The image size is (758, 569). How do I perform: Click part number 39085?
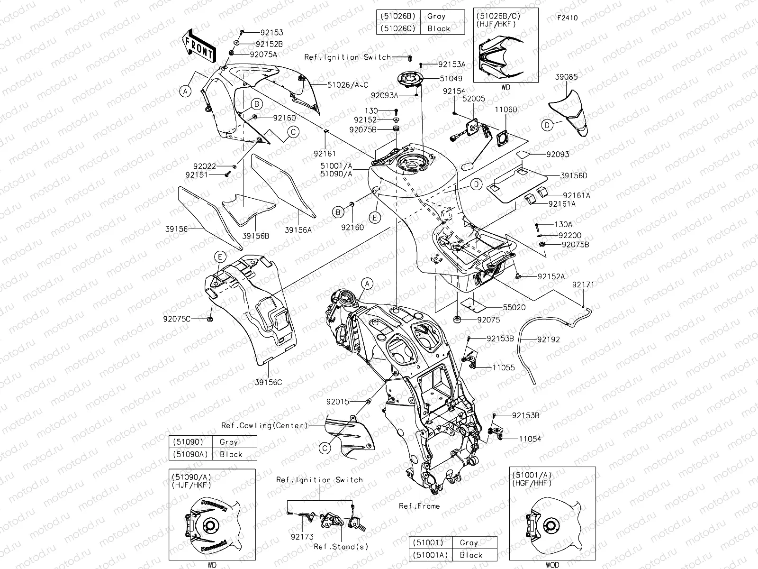tap(566, 77)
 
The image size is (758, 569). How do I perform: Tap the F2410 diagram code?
tap(568, 18)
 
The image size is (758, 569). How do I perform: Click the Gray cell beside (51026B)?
tap(436, 16)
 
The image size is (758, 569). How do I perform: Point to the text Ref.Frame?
tap(419, 506)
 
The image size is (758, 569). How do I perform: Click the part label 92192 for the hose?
tap(549, 340)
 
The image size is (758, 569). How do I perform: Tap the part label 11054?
tap(530, 439)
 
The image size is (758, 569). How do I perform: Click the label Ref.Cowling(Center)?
tap(264, 425)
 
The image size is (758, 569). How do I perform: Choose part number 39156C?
tap(268, 382)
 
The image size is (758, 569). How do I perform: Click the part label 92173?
tap(302, 537)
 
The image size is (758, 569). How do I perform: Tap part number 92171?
tap(583, 284)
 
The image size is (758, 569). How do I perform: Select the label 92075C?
tap(177, 319)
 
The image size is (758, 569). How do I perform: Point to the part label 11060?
tap(506, 110)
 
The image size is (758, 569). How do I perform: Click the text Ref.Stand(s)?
tap(341, 547)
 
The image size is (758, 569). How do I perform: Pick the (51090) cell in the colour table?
tap(188, 441)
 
